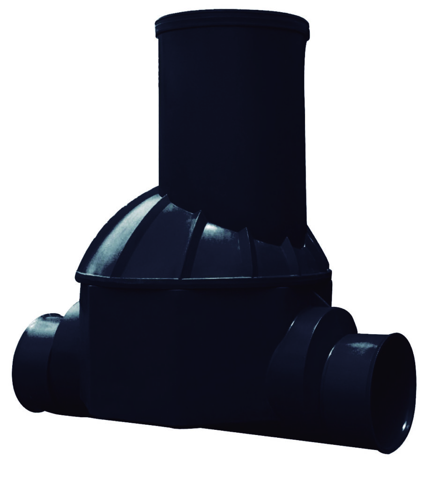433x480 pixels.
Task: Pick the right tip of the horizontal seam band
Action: coord(330,274)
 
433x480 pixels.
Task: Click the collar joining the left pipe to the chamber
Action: coord(68,356)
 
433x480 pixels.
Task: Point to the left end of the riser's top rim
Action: coord(157,28)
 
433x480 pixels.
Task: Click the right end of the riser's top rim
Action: coord(308,30)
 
